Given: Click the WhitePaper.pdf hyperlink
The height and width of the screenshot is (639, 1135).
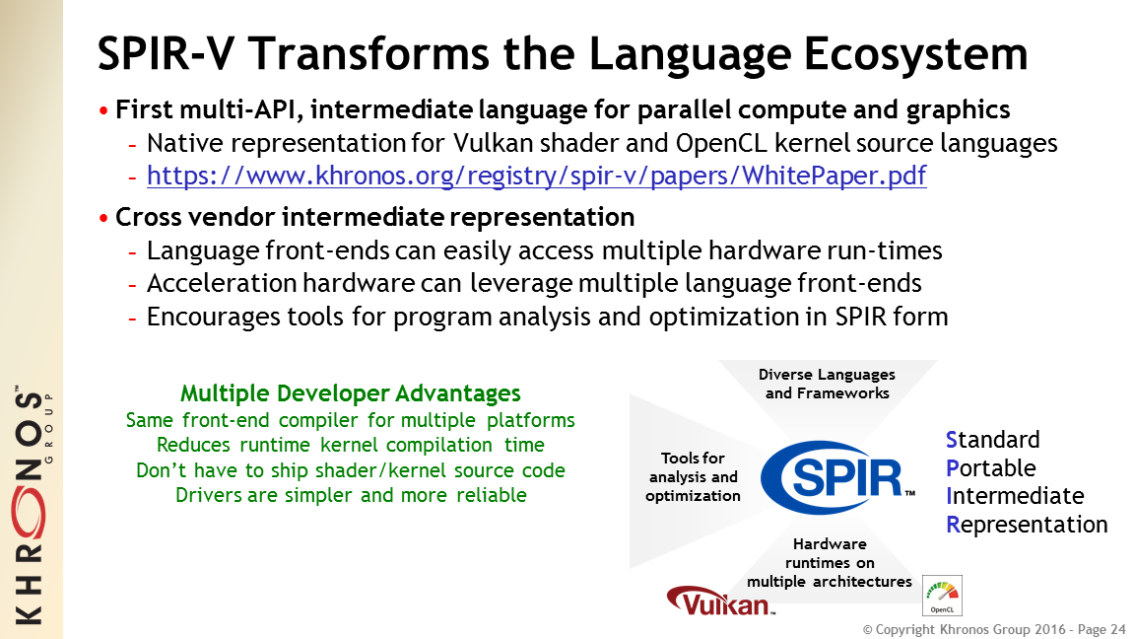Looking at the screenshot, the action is (x=536, y=177).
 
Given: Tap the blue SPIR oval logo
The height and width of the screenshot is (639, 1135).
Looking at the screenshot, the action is (x=834, y=477).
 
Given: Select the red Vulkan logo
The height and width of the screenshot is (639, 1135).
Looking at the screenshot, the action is (x=720, y=600).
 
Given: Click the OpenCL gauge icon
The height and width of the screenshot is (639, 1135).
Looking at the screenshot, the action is (x=943, y=596).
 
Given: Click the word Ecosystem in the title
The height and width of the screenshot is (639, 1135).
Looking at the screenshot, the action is (x=915, y=54).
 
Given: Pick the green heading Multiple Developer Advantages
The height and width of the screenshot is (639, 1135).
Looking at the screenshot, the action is (x=351, y=393).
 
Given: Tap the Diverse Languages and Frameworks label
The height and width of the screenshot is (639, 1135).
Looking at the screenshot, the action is (x=827, y=384).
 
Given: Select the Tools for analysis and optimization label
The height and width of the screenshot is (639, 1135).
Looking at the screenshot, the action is (x=693, y=476).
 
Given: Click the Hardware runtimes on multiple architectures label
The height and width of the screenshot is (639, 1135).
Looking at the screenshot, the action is (x=830, y=563).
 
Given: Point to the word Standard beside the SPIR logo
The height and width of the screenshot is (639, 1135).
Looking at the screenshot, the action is (x=992, y=440).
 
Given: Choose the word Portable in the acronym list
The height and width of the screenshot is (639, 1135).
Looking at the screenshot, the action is (x=990, y=468).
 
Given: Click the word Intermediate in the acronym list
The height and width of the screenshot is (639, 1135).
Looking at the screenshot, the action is (x=1015, y=496).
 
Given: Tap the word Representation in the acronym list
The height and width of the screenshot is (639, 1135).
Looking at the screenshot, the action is (x=1027, y=525).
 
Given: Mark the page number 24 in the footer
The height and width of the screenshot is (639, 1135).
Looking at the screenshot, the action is (x=1118, y=629).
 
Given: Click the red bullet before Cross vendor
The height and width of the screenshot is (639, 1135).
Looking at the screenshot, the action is (x=103, y=218).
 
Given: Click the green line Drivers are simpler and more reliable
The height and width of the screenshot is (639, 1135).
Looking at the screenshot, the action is (x=351, y=496).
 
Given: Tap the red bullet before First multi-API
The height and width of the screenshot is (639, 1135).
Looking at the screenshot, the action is (x=103, y=110).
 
